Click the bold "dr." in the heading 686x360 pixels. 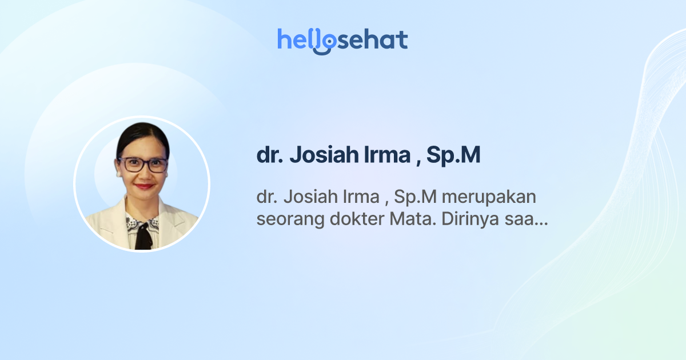point(269,156)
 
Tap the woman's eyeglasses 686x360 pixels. point(142,165)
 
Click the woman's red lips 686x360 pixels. point(144,186)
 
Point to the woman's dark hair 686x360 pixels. point(141,134)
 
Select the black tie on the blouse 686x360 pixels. point(143,235)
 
